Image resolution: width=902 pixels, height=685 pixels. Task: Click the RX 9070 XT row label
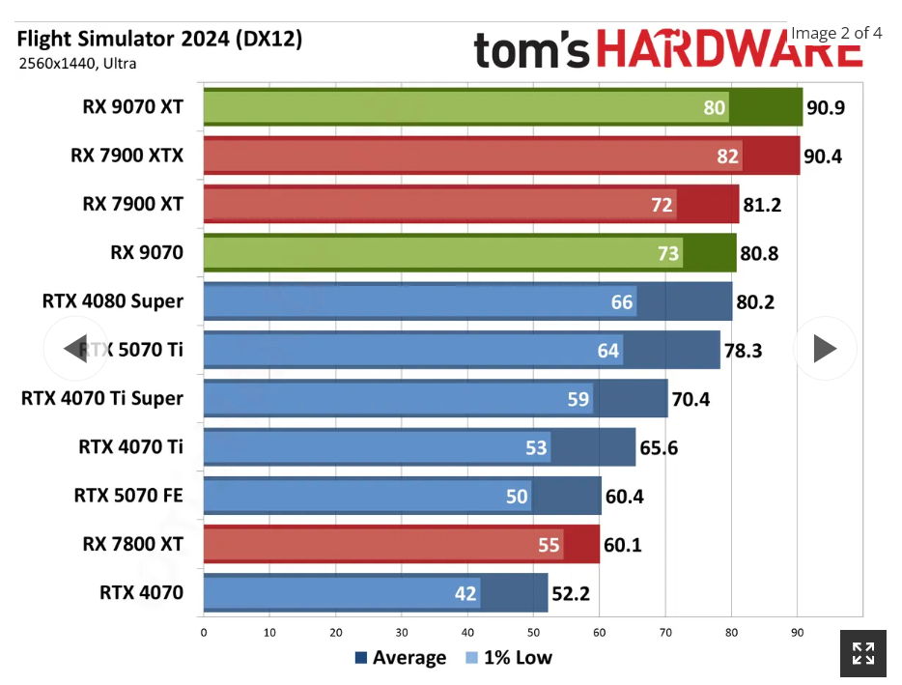pyautogui.click(x=132, y=107)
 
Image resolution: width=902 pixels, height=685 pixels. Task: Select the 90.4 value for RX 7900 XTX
pyautogui.click(x=823, y=156)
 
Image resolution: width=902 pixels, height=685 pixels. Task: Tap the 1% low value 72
pyautogui.click(x=662, y=205)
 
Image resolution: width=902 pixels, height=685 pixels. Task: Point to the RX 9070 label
pyautogui.click(x=147, y=253)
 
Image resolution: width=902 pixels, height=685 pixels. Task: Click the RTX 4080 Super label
pyautogui.click(x=112, y=301)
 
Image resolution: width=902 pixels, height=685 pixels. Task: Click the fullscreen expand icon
pyautogui.click(x=862, y=653)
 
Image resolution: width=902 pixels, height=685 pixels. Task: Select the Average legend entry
pyautogui.click(x=401, y=658)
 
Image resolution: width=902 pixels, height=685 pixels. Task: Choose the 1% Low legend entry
pyautogui.click(x=509, y=658)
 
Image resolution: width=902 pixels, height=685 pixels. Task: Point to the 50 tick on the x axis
pyautogui.click(x=533, y=633)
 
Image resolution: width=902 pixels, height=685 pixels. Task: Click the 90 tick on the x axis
pyautogui.click(x=797, y=633)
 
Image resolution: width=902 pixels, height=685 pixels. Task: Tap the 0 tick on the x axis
pyautogui.click(x=204, y=633)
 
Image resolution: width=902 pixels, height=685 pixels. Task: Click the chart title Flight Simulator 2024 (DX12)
pyautogui.click(x=159, y=39)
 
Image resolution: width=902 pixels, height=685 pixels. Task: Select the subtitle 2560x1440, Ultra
pyautogui.click(x=77, y=64)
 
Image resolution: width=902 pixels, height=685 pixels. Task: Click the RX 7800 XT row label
pyautogui.click(x=132, y=545)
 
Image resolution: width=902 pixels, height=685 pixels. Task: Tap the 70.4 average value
pyautogui.click(x=691, y=399)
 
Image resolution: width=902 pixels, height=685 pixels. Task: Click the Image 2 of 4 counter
pyautogui.click(x=836, y=33)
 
